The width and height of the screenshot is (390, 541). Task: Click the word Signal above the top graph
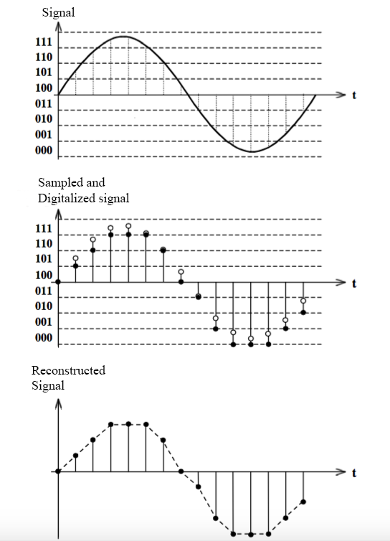[x=57, y=12]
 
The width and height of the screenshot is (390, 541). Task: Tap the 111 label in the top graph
[x=44, y=43]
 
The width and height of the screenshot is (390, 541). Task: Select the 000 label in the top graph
[x=44, y=150]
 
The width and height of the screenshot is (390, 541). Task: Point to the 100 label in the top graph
[x=44, y=88]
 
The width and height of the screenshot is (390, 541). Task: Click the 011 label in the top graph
[x=44, y=104]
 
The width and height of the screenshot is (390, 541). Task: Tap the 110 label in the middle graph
[x=44, y=244]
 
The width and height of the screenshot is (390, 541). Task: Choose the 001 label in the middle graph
[x=44, y=322]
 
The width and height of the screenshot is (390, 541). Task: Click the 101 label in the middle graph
[x=44, y=259]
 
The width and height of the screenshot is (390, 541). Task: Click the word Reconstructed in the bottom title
[x=68, y=370]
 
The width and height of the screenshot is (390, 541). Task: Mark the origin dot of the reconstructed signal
[x=59, y=471]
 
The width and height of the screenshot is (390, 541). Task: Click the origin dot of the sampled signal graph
[x=59, y=282]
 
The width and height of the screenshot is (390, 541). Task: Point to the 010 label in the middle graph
[x=44, y=306]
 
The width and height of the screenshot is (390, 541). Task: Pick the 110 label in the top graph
[x=44, y=57]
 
